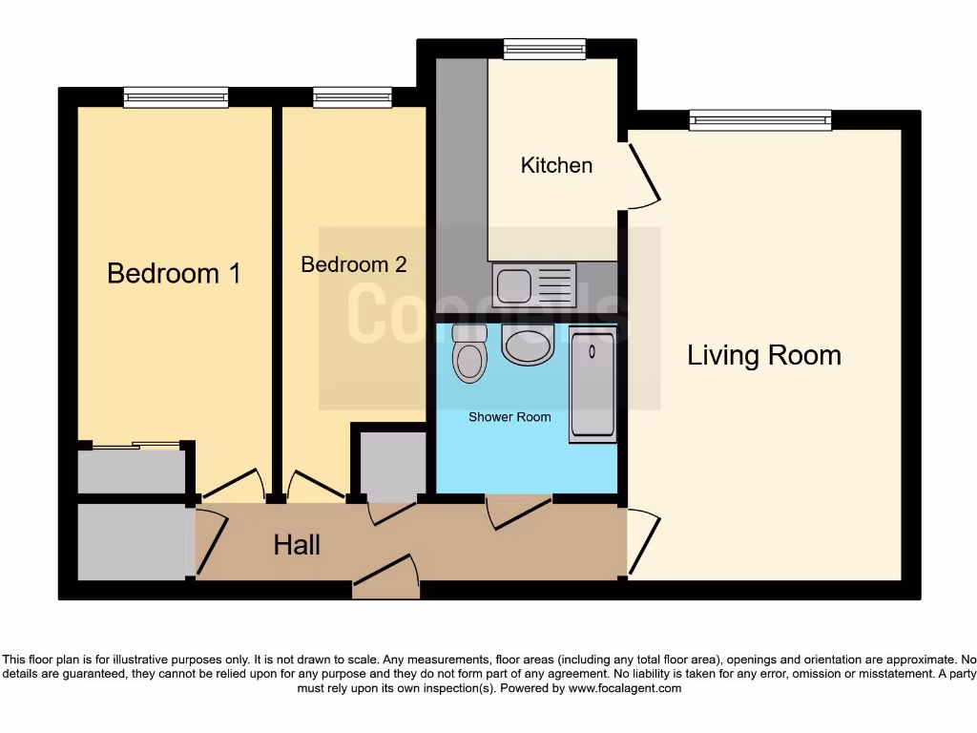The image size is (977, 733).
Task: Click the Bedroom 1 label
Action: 174,273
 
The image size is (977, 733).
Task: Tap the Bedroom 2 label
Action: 353,264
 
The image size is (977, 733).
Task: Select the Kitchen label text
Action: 556,165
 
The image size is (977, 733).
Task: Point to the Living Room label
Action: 764,356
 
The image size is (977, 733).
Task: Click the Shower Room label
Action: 509,417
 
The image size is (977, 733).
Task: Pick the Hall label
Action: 297,545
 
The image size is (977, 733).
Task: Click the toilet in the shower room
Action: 468,353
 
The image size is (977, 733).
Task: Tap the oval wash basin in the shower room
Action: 528,344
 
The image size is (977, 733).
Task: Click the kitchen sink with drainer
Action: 534,284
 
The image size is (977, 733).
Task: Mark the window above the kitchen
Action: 544,49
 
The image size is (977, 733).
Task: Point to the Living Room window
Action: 760,120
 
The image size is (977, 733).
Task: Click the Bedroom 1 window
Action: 176,97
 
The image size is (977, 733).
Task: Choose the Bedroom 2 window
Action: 352,97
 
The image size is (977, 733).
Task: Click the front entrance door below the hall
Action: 385,577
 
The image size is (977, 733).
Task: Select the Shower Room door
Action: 518,512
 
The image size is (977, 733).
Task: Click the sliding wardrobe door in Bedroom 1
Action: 135,445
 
